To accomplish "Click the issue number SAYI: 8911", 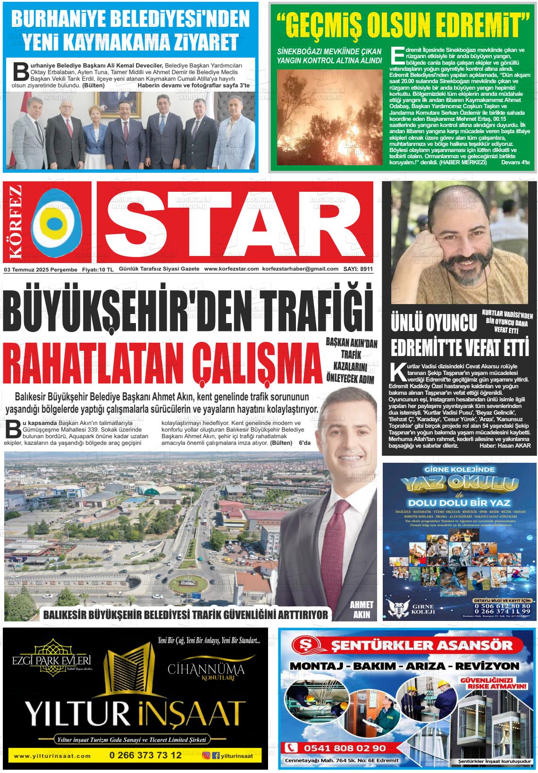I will click(358, 269).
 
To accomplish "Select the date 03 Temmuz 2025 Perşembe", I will click(41, 269).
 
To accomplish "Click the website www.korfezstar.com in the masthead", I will click(231, 269).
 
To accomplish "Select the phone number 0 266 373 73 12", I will click(145, 756).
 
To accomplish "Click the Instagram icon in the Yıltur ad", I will click(206, 756).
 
